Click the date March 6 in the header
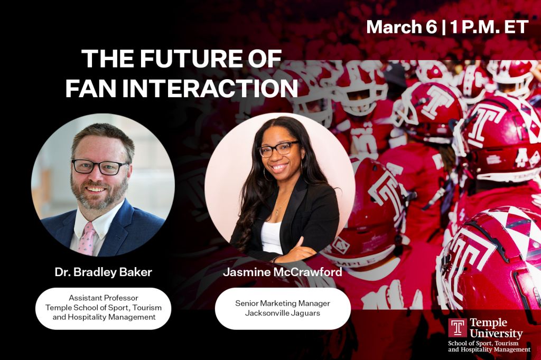[402, 27]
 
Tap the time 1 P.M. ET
[489, 27]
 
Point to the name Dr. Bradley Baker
[103, 272]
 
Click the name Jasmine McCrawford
[283, 272]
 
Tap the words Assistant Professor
[104, 298]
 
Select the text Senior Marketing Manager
[283, 303]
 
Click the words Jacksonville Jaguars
[283, 313]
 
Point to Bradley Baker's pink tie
[87, 239]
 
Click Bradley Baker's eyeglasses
[100, 167]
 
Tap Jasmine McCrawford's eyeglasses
[278, 149]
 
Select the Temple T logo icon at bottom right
[458, 328]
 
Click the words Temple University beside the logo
[496, 328]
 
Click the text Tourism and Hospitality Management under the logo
[489, 347]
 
